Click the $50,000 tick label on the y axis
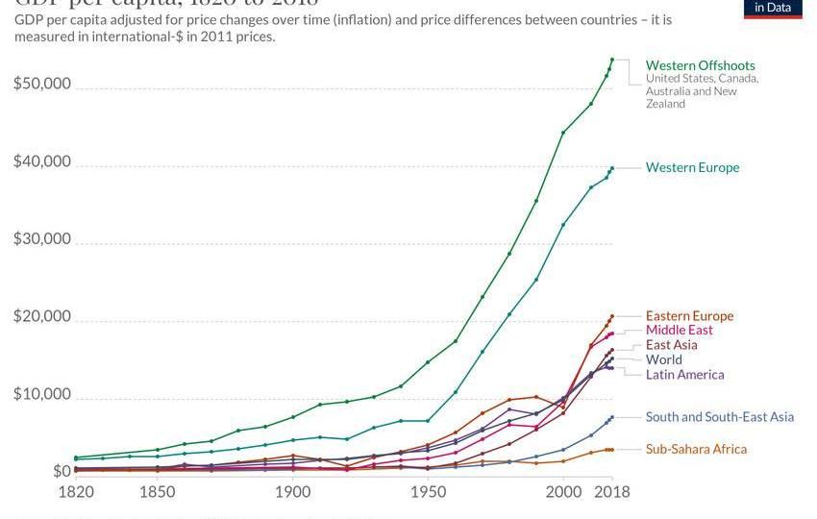click(x=42, y=84)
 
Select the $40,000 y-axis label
click(x=42, y=161)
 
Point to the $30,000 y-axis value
click(x=42, y=238)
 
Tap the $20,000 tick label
click(x=42, y=316)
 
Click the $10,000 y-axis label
click(x=42, y=394)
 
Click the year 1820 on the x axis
click(x=76, y=490)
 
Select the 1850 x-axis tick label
click(x=157, y=490)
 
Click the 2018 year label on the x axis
click(x=611, y=490)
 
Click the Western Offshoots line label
click(x=700, y=65)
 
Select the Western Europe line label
click(x=692, y=167)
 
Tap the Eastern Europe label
click(x=689, y=316)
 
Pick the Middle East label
click(x=679, y=331)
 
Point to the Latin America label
click(x=684, y=375)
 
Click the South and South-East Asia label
click(x=719, y=417)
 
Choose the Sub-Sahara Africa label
click(x=696, y=449)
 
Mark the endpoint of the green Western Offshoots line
click(x=611, y=60)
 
